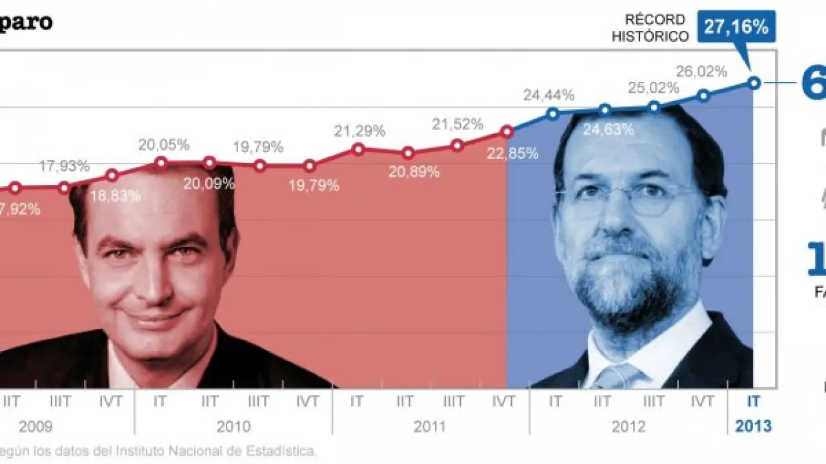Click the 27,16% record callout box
(736, 27)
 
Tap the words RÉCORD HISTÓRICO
(650, 28)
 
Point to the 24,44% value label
(549, 95)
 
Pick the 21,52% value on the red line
(458, 124)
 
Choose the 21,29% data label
(359, 131)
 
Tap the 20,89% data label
(414, 171)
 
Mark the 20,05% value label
(163, 144)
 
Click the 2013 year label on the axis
(752, 427)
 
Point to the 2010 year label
(233, 427)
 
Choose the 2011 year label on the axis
(430, 427)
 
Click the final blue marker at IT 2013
(754, 82)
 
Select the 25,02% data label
(654, 87)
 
